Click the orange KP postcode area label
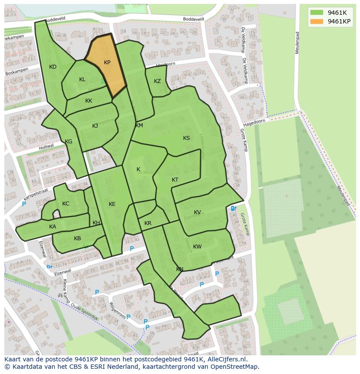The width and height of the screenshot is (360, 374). (x=107, y=63)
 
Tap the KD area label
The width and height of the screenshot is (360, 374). (x=53, y=67)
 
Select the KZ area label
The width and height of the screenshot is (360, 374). (x=157, y=81)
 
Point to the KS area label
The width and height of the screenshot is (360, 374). (x=187, y=138)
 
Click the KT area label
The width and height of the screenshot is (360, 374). (x=175, y=180)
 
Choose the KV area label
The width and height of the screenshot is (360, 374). (x=197, y=212)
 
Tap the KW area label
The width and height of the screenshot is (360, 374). (x=197, y=247)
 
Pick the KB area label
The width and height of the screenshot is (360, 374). (x=77, y=238)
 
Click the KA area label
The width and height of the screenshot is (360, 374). (x=53, y=227)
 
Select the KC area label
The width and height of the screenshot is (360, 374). (x=66, y=204)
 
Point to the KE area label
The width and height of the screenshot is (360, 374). (x=112, y=204)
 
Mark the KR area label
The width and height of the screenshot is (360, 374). (x=148, y=223)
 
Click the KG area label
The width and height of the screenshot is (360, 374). (x=69, y=142)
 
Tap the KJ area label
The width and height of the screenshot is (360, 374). (x=95, y=126)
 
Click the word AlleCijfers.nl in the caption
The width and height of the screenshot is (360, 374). (x=226, y=360)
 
